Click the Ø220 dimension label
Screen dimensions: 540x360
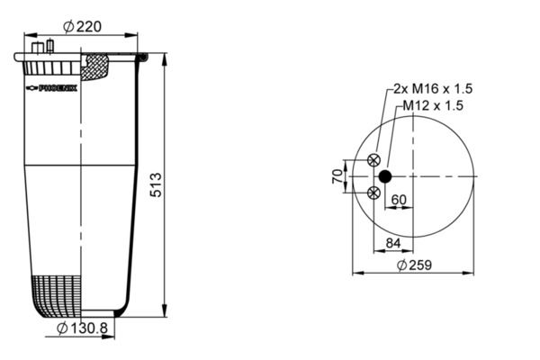pyautogui.click(x=83, y=26)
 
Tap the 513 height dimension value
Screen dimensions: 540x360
pyautogui.click(x=156, y=185)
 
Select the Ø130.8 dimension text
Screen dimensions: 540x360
pyautogui.click(x=82, y=328)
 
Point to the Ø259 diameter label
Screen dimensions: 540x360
pyautogui.click(x=414, y=265)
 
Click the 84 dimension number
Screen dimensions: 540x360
pyautogui.click(x=393, y=243)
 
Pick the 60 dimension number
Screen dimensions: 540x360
pyautogui.click(x=399, y=200)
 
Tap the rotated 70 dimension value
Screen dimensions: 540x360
pyautogui.click(x=337, y=176)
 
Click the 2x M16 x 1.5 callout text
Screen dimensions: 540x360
pyautogui.click(x=433, y=89)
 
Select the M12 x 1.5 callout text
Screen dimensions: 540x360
pyautogui.click(x=433, y=105)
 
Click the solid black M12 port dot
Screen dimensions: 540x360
pyautogui.click(x=385, y=176)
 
